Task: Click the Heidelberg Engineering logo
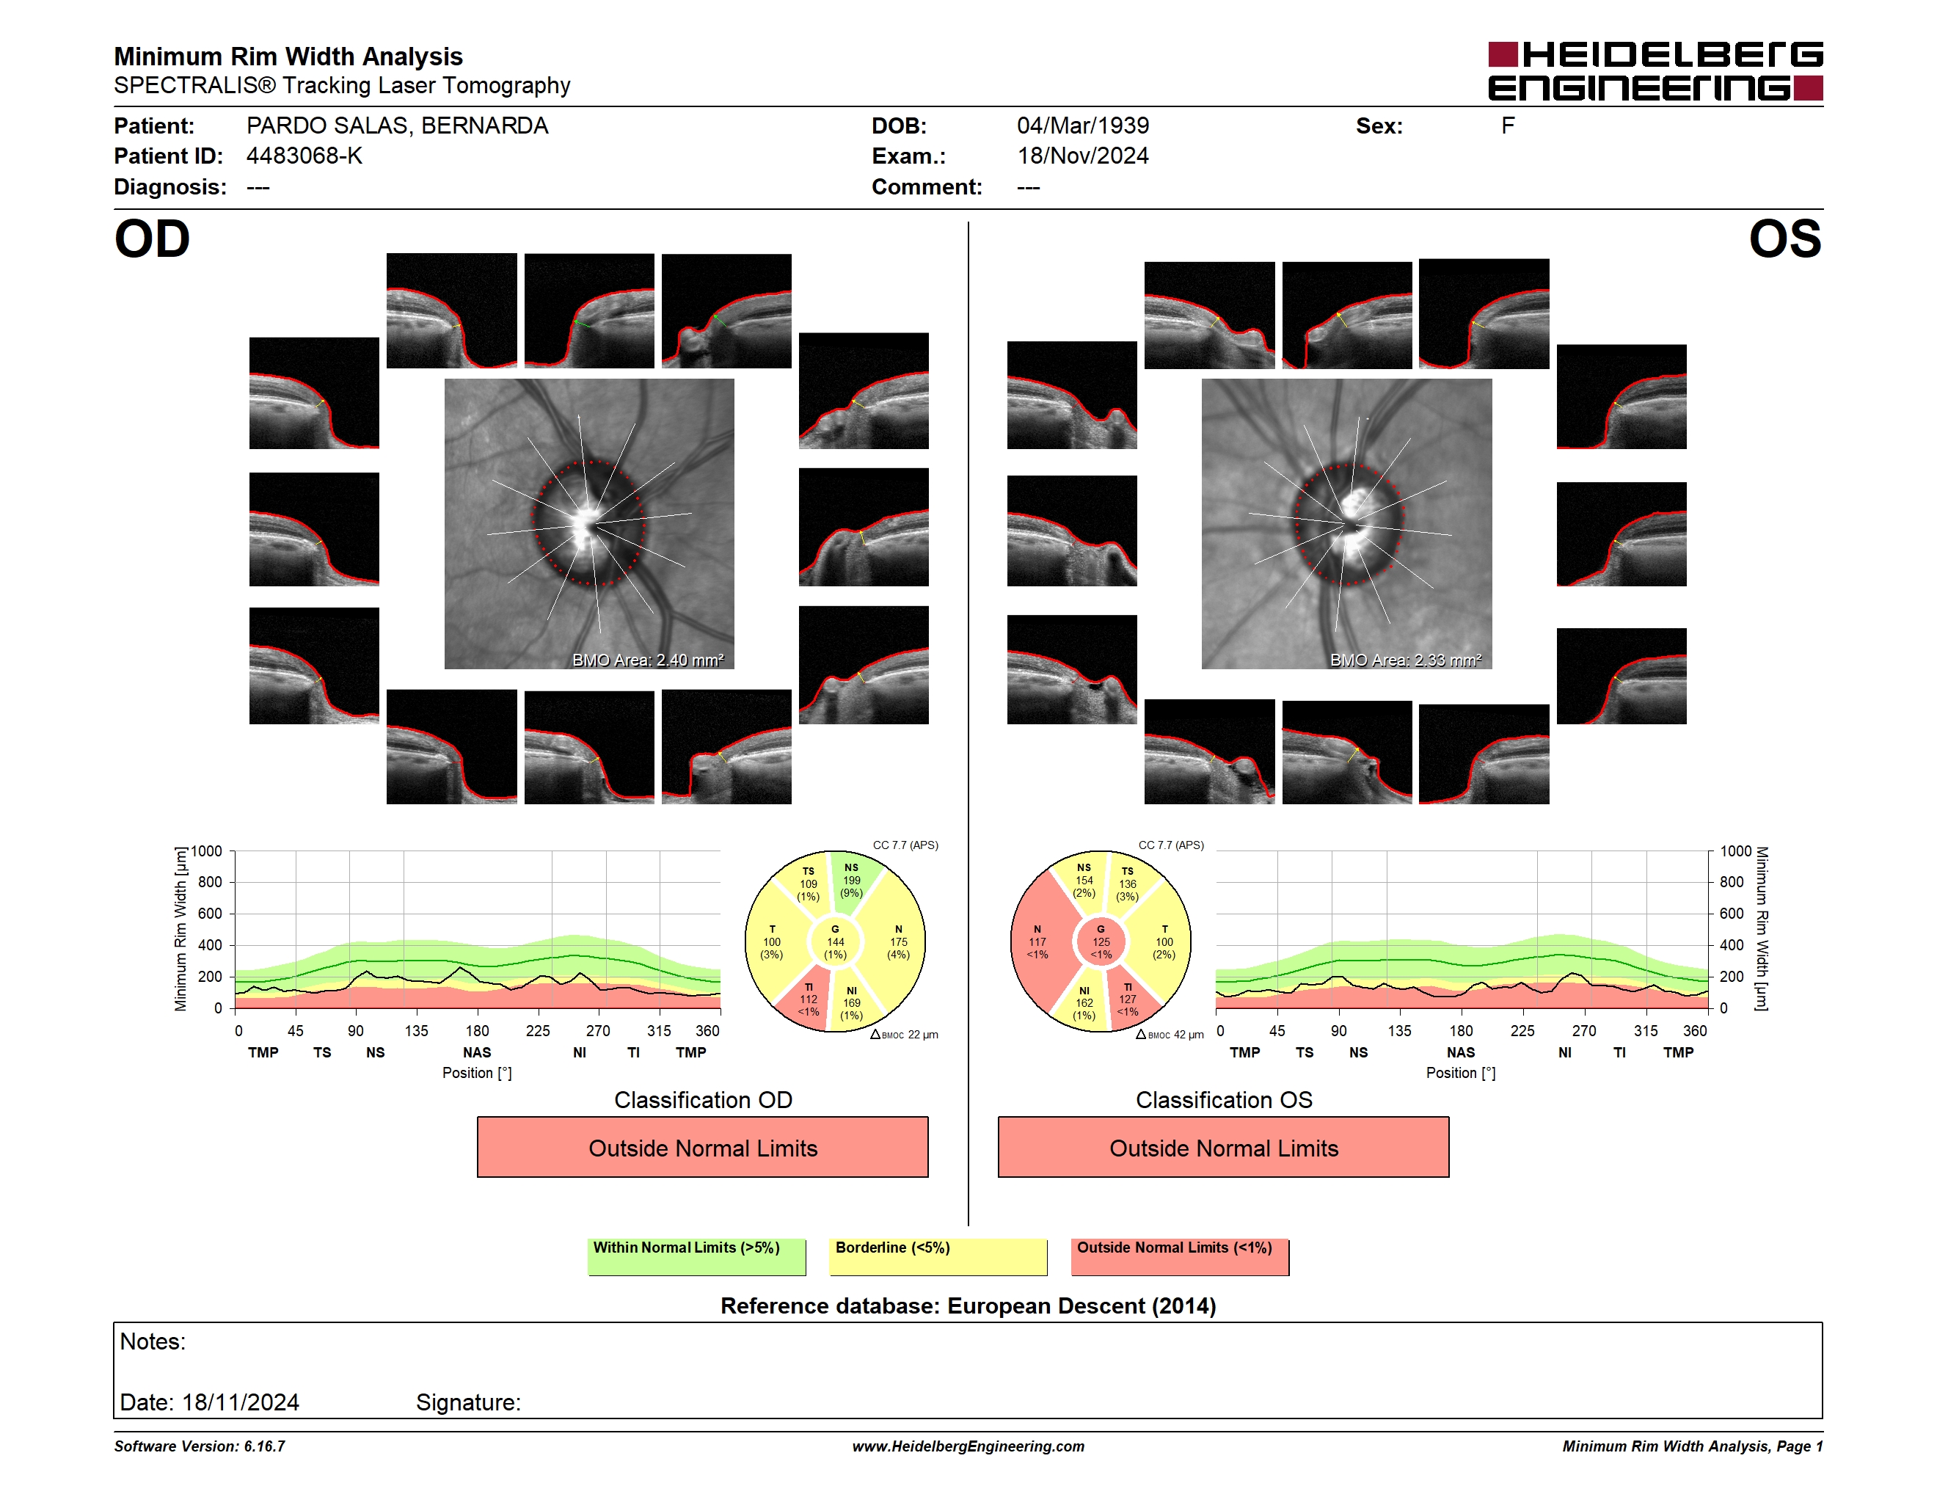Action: (x=1655, y=71)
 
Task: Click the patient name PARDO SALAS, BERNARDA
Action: (x=398, y=126)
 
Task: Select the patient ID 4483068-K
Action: (x=304, y=156)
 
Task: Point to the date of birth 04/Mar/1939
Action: (x=1083, y=126)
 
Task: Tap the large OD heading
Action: (x=152, y=238)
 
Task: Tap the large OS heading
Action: (x=1785, y=238)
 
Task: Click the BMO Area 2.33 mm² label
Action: (x=1406, y=660)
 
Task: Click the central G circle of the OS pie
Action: (x=1101, y=941)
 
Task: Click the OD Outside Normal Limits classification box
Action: (x=702, y=1147)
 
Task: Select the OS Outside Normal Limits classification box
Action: (x=1223, y=1147)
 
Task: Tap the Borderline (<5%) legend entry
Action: (x=938, y=1256)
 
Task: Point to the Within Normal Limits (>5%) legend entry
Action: (x=696, y=1256)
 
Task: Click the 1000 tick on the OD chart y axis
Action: (x=207, y=851)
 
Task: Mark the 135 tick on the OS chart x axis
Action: (x=1399, y=1030)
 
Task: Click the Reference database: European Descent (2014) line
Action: (x=969, y=1305)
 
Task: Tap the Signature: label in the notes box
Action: (x=468, y=1402)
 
